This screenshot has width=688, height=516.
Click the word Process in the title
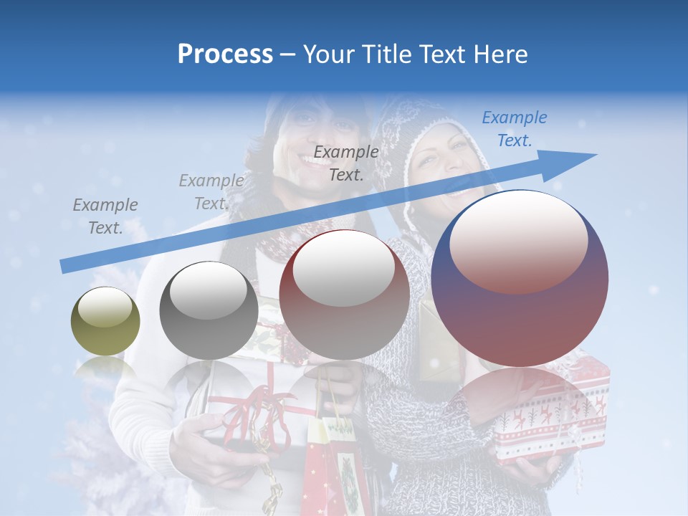point(225,54)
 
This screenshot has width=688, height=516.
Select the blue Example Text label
point(514,129)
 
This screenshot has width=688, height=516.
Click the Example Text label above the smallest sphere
point(105,216)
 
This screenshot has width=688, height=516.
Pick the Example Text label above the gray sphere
point(211,192)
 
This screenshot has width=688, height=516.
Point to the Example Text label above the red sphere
point(346,163)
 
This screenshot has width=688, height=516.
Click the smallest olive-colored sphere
point(105,321)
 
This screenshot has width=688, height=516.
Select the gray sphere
point(209,310)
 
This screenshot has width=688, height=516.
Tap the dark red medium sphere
point(344,295)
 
